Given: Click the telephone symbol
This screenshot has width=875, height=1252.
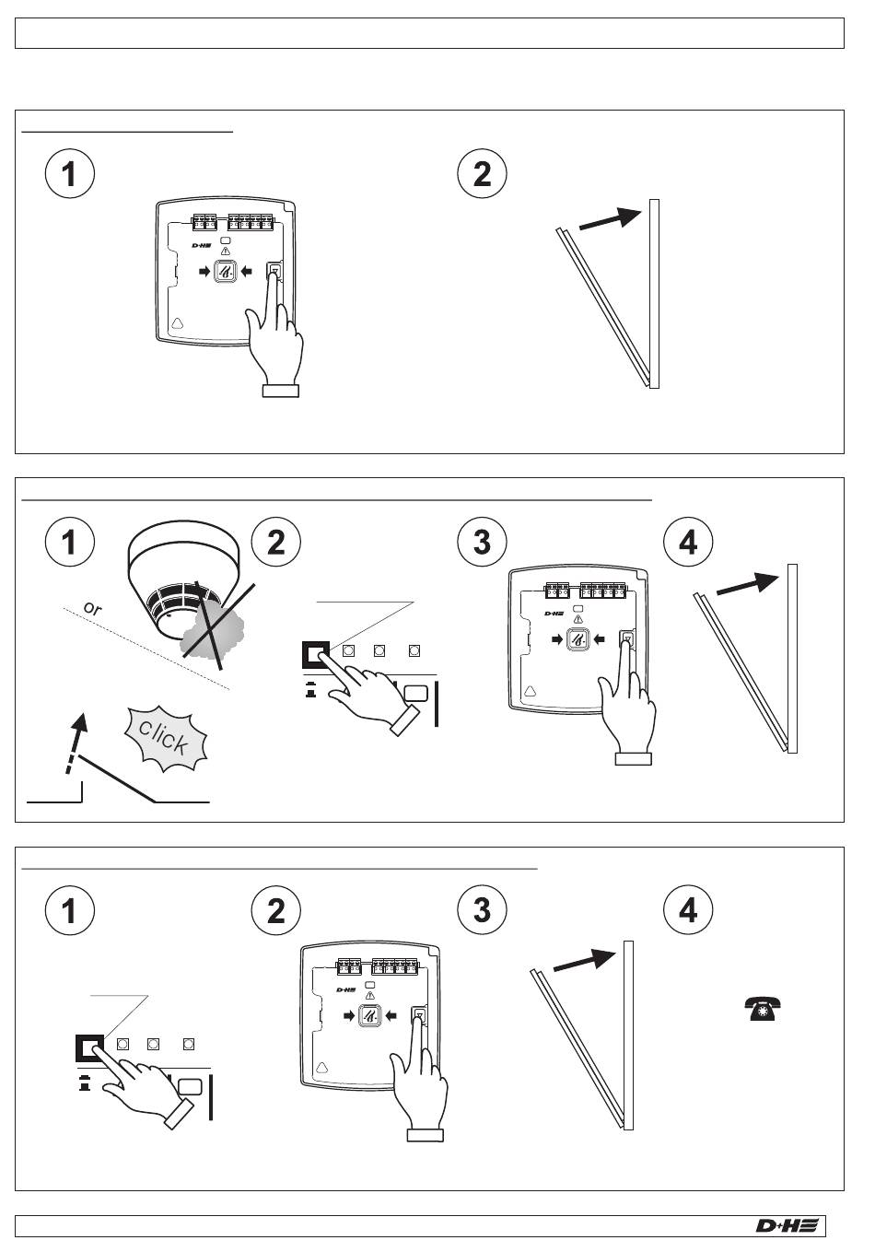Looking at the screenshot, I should [x=763, y=1009].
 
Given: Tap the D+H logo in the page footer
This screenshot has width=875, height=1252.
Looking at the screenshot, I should [x=786, y=1225].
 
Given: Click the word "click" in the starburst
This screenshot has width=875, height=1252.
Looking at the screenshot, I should [x=166, y=737].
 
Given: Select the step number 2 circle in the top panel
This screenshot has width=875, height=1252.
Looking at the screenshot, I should [x=482, y=173].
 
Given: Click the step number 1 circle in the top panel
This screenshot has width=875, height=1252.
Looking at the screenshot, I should [x=69, y=173].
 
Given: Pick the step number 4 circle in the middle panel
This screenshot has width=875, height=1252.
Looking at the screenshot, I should [x=688, y=542].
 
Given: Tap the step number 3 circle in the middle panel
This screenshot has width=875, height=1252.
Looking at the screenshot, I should [x=482, y=542].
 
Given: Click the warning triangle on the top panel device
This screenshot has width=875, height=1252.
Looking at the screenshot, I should [x=226, y=251].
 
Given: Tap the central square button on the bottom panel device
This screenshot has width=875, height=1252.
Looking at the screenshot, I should [x=369, y=1015].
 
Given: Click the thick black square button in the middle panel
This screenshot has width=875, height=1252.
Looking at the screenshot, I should [x=316, y=654].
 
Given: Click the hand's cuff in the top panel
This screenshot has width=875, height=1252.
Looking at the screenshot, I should [x=281, y=391].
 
